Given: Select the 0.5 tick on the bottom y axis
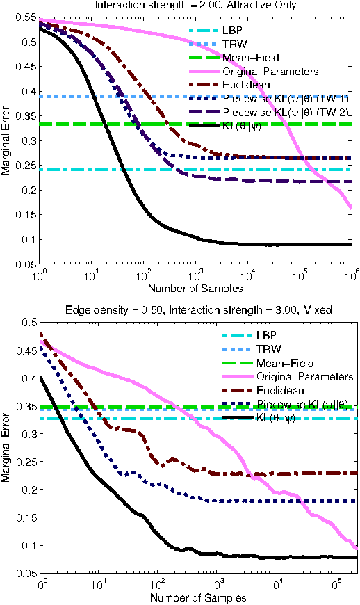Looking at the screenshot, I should coord(26,323).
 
